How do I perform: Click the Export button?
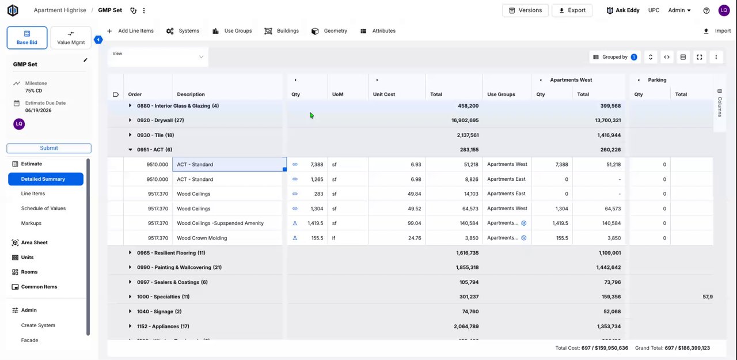(572, 10)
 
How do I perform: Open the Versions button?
(525, 10)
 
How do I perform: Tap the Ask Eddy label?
(627, 10)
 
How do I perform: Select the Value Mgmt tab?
(71, 38)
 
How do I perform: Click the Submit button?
(49, 148)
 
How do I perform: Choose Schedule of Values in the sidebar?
(43, 209)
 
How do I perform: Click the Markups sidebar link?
(31, 223)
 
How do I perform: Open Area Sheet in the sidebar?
(34, 242)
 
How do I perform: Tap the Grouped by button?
(615, 57)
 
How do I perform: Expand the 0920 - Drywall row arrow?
(130, 120)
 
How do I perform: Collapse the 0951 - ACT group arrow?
(130, 150)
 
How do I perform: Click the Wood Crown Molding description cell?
(202, 238)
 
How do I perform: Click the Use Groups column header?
(501, 94)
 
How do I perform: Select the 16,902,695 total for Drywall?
(465, 120)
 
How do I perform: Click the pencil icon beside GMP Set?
(86, 60)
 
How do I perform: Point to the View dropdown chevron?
(201, 57)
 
